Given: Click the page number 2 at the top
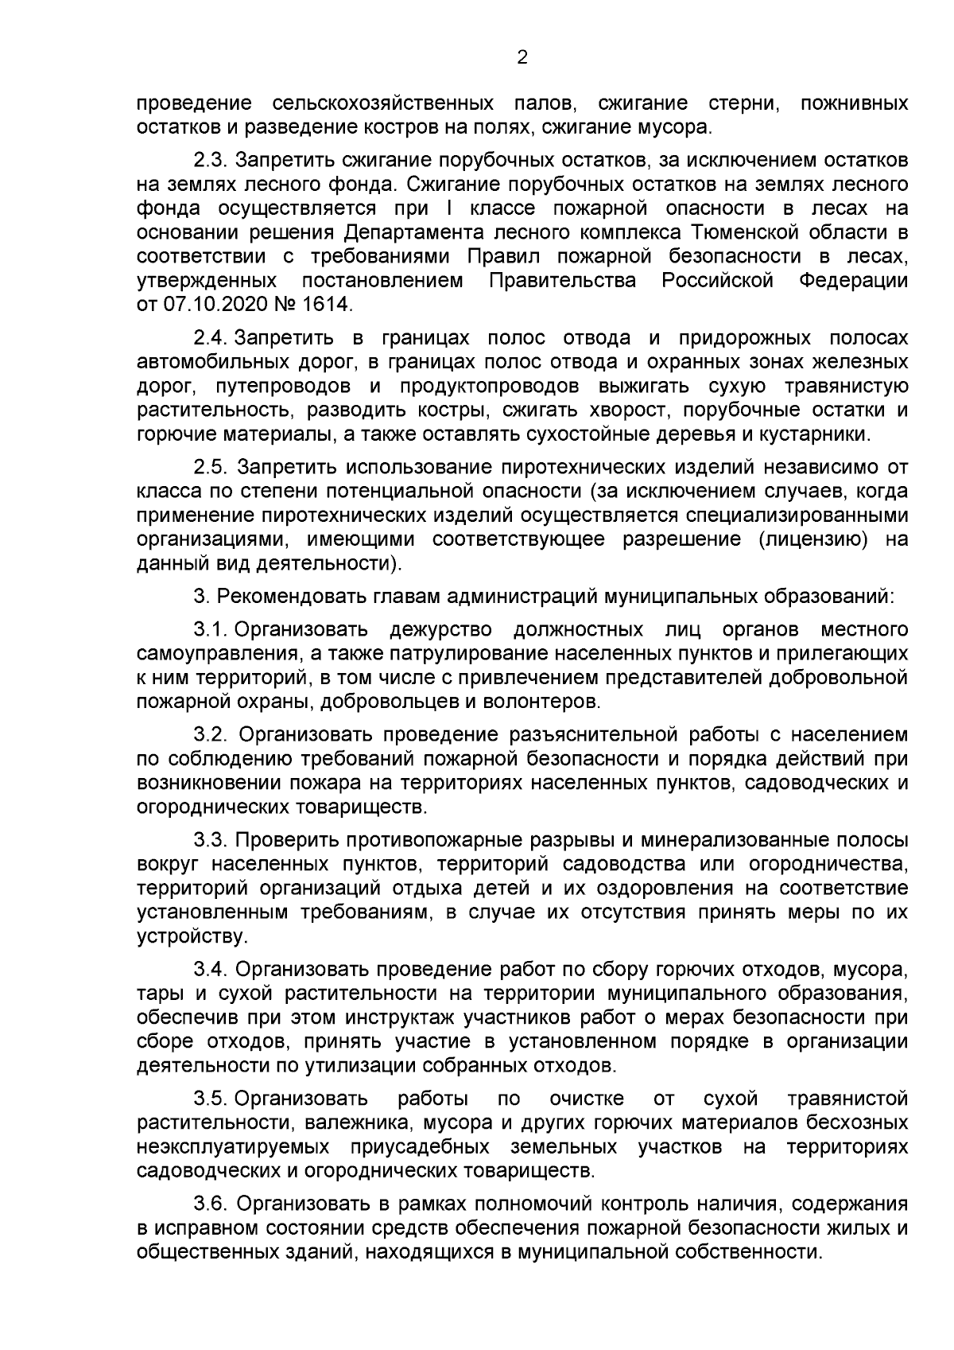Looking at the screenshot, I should pyautogui.click(x=522, y=56).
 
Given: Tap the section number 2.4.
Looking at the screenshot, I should pyautogui.click(x=210, y=338).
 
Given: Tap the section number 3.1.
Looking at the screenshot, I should pyautogui.click(x=210, y=630).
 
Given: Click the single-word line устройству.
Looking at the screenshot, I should pyautogui.click(x=192, y=936).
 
